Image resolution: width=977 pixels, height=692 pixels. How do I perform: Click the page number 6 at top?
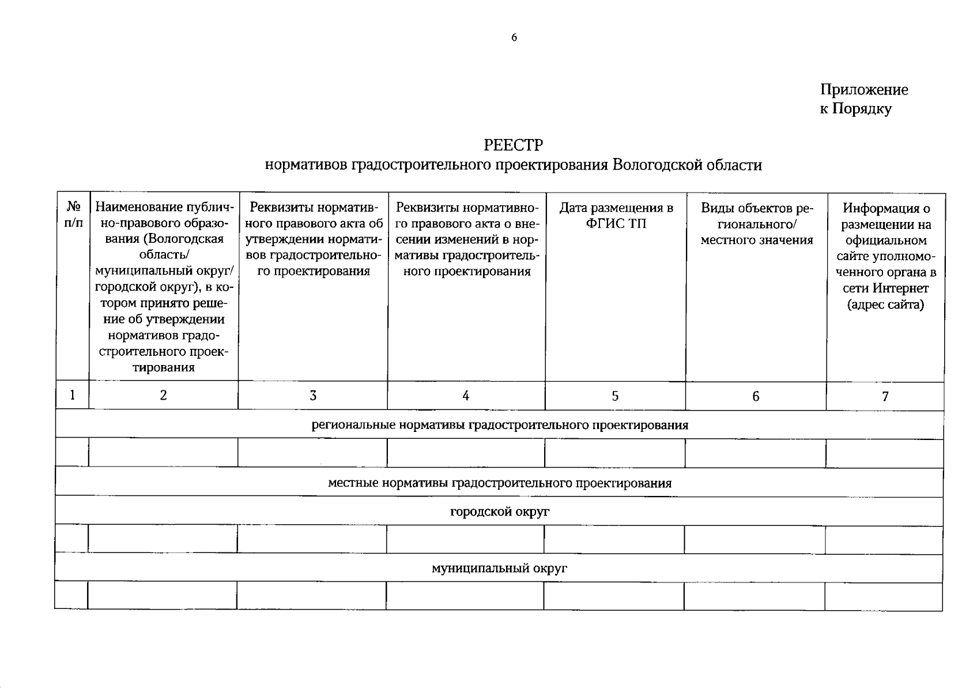pos(514,38)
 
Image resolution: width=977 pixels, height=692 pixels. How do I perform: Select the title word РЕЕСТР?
pos(513,144)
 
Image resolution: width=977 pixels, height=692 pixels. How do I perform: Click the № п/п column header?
pos(73,215)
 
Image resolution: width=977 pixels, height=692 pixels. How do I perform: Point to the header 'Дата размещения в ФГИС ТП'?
pos(616,216)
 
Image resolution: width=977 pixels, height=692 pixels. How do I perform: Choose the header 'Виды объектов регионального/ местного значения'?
pos(756,224)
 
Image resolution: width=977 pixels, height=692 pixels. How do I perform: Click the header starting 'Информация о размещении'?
pos(885,255)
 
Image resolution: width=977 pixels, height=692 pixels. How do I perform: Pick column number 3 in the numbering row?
pos(312,396)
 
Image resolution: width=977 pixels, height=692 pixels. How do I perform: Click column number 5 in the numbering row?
pos(615,396)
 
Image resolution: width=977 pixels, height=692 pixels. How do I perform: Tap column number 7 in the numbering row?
pos(885,396)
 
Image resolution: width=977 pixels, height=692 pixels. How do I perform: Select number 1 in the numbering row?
pos(73,395)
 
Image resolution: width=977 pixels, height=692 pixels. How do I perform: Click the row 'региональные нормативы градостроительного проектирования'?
pos(500,426)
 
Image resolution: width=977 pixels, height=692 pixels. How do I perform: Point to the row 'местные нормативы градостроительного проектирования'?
pos(500,483)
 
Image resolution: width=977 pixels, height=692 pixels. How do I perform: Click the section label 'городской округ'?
pos(500,512)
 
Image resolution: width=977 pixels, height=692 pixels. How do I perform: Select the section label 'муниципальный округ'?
pos(500,569)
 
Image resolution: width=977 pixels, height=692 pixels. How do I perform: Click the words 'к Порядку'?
pos(855,109)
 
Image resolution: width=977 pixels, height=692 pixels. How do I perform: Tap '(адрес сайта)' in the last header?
pos(885,304)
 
